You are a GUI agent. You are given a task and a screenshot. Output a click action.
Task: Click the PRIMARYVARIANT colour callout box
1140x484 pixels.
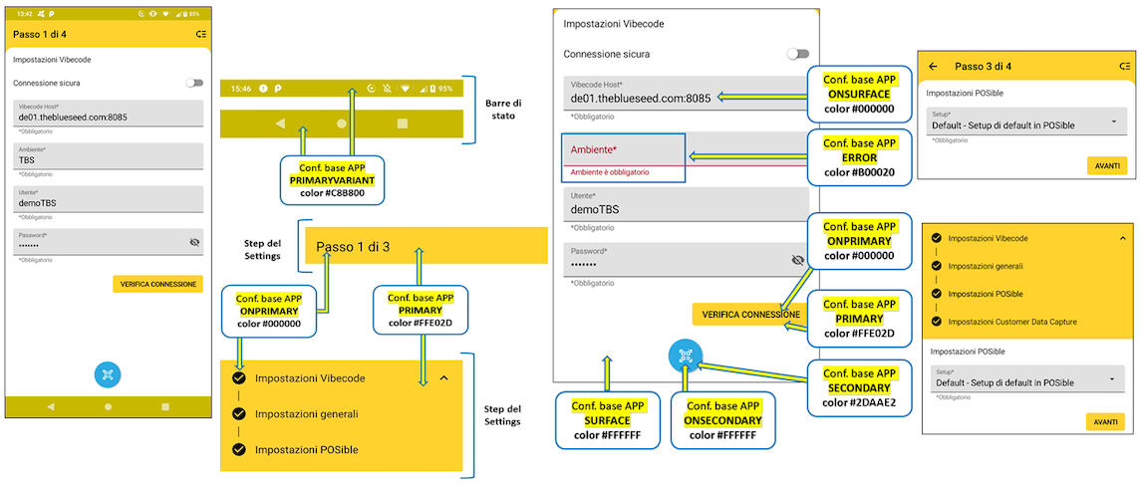point(332,171)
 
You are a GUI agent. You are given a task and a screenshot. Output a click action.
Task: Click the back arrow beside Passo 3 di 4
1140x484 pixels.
point(933,67)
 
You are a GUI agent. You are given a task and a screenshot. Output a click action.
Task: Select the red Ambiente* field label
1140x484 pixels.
point(593,150)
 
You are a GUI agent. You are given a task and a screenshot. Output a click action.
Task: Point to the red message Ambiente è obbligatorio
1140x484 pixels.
point(610,172)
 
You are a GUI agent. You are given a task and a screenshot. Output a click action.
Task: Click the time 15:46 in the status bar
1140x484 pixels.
point(241,89)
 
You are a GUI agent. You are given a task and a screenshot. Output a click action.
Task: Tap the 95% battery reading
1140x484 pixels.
point(444,89)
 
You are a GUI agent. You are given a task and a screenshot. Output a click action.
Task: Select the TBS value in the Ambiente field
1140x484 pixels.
point(27,159)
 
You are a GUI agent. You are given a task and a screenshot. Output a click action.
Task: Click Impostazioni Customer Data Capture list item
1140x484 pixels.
point(1011,322)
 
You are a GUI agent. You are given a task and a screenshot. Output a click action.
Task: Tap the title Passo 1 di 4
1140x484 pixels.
point(40,34)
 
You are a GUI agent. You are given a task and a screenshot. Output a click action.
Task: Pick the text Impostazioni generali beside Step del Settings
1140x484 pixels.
point(306,413)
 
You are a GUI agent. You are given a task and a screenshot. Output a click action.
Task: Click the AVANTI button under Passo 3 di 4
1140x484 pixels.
point(1106,166)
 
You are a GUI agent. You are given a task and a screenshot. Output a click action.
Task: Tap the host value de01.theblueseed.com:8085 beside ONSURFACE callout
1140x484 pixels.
point(641,98)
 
